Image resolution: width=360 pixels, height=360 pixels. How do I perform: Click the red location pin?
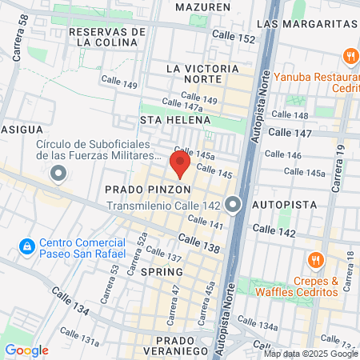pyautogui.click(x=179, y=164)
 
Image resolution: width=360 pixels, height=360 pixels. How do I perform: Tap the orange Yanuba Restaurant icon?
pyautogui.click(x=350, y=57)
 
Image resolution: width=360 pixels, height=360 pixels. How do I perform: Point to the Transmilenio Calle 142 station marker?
pyautogui.click(x=233, y=205)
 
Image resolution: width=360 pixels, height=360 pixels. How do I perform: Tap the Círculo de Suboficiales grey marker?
pyautogui.click(x=58, y=173)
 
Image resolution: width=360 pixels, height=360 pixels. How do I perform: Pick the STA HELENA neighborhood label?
pyautogui.click(x=175, y=120)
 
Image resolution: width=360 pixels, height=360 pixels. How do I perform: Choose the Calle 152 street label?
pyautogui.click(x=234, y=37)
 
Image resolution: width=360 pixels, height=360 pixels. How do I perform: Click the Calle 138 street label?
pyautogui.click(x=199, y=244)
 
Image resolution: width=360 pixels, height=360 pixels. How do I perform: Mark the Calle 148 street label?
pyautogui.click(x=290, y=115)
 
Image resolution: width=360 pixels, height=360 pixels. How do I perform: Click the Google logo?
pyautogui.click(x=26, y=350)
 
